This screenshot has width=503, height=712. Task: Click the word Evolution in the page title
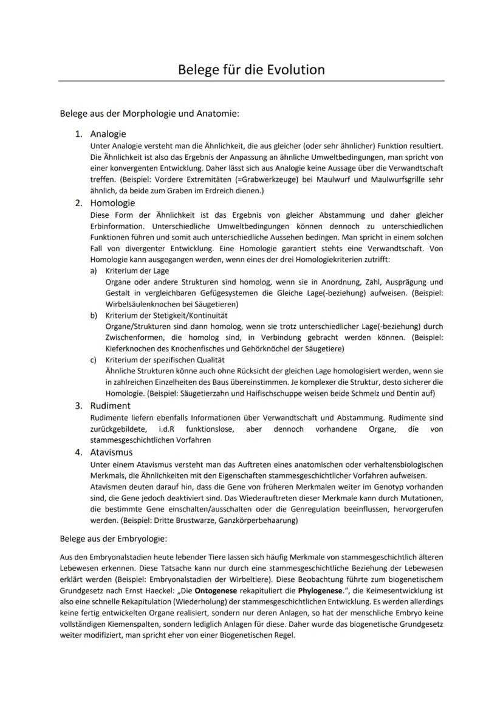click(295, 69)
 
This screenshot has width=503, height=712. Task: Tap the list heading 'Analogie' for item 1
click(108, 134)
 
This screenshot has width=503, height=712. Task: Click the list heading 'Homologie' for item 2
click(112, 203)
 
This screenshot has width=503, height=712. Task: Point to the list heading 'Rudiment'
click(110, 406)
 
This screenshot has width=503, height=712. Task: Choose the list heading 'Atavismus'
click(111, 452)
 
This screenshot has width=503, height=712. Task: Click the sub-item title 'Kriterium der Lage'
click(137, 271)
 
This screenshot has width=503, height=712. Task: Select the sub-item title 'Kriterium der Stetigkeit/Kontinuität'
click(166, 316)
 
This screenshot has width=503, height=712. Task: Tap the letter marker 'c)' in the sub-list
click(94, 360)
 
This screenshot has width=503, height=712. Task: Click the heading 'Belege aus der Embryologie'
click(113, 538)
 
